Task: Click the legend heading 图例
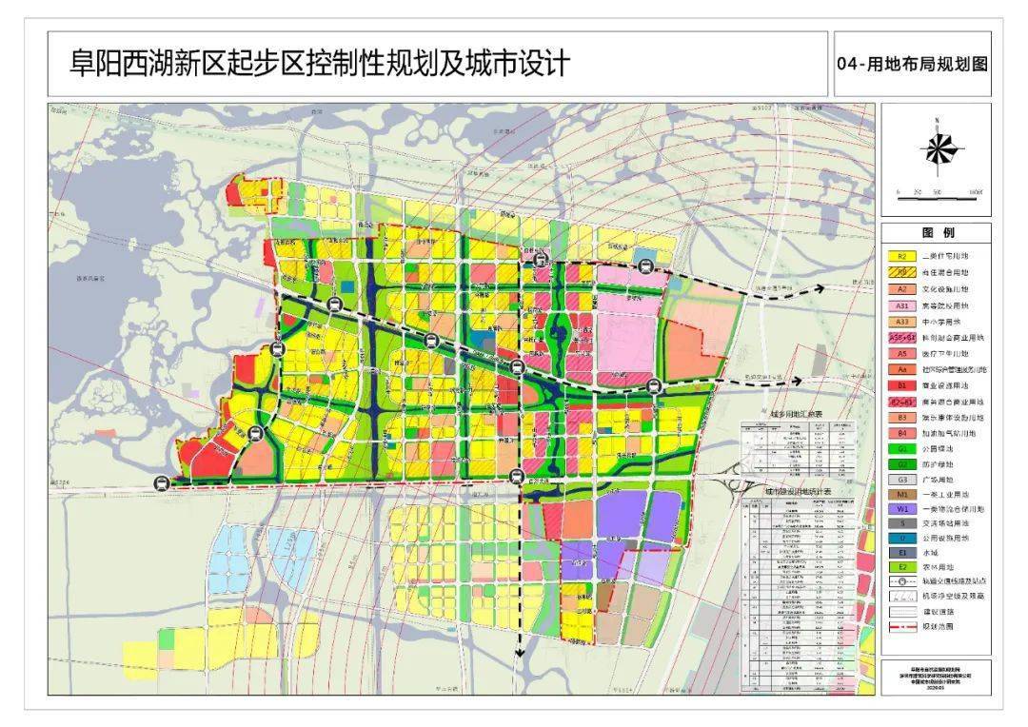[x=937, y=233]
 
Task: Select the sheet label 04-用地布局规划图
[x=912, y=65]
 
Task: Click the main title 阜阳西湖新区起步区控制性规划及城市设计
[x=319, y=64]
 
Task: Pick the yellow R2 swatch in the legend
[x=903, y=256]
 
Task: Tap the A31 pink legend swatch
[x=903, y=305]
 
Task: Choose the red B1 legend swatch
[x=903, y=385]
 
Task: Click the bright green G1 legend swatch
[x=903, y=449]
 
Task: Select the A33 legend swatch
[x=903, y=322]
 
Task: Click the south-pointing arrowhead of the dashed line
[x=520, y=653]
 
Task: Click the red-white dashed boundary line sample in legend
[x=903, y=627]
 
